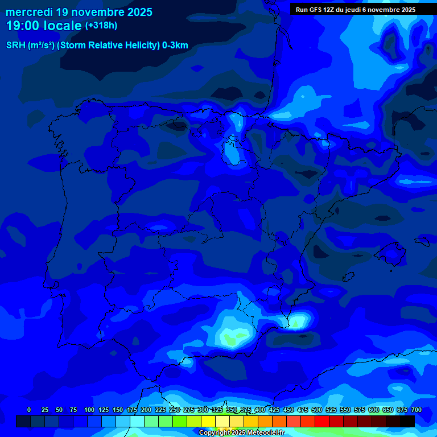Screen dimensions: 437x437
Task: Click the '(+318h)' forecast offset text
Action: click(101, 26)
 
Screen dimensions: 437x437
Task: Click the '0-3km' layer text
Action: click(175, 46)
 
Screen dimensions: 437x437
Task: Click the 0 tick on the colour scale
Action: click(29, 410)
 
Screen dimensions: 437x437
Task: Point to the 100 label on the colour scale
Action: click(89, 410)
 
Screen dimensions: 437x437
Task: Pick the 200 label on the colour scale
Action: click(146, 410)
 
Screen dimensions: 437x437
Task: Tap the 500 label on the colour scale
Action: click(317, 410)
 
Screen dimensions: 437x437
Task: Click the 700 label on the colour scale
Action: click(417, 410)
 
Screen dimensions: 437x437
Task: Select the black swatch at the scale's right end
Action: click(407, 421)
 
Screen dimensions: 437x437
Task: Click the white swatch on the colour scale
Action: click(222, 421)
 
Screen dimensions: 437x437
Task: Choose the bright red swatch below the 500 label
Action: click(322, 421)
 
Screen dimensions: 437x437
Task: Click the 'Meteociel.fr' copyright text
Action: click(265, 433)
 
